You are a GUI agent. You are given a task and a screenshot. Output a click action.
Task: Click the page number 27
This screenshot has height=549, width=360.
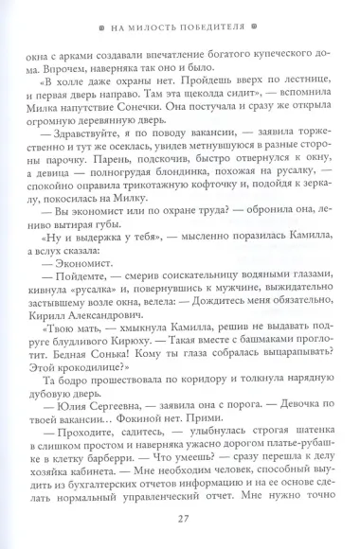click(x=180, y=516)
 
